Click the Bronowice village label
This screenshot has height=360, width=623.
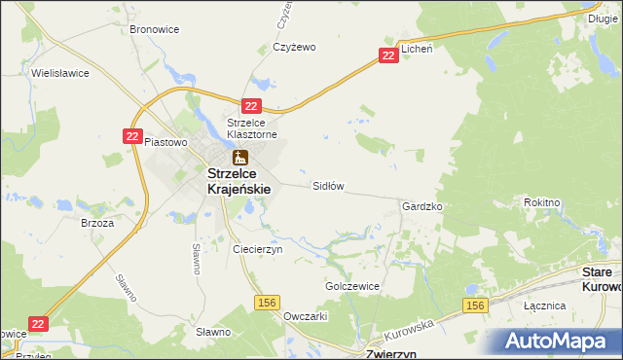click(x=154, y=29)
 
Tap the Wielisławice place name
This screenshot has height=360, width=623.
click(x=60, y=72)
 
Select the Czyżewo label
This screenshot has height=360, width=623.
click(x=295, y=47)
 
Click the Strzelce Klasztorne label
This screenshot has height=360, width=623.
click(x=252, y=128)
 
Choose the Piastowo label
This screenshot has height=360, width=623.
click(x=165, y=142)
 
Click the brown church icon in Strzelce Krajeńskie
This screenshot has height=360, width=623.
click(x=239, y=157)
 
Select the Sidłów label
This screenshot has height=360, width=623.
click(x=328, y=185)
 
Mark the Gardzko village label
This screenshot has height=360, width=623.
click(x=422, y=207)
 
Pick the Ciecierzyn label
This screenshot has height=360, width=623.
click(x=257, y=249)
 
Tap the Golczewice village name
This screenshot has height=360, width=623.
click(x=351, y=287)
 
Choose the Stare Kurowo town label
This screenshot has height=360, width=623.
click(x=602, y=279)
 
